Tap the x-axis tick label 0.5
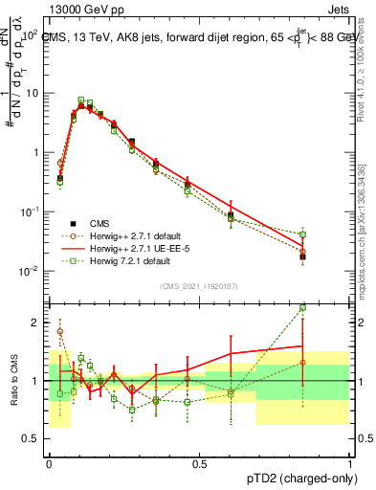pyautogui.click(x=199, y=463)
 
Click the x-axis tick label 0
pyautogui.click(x=49, y=463)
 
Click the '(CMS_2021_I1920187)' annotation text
pyautogui.click(x=199, y=284)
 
